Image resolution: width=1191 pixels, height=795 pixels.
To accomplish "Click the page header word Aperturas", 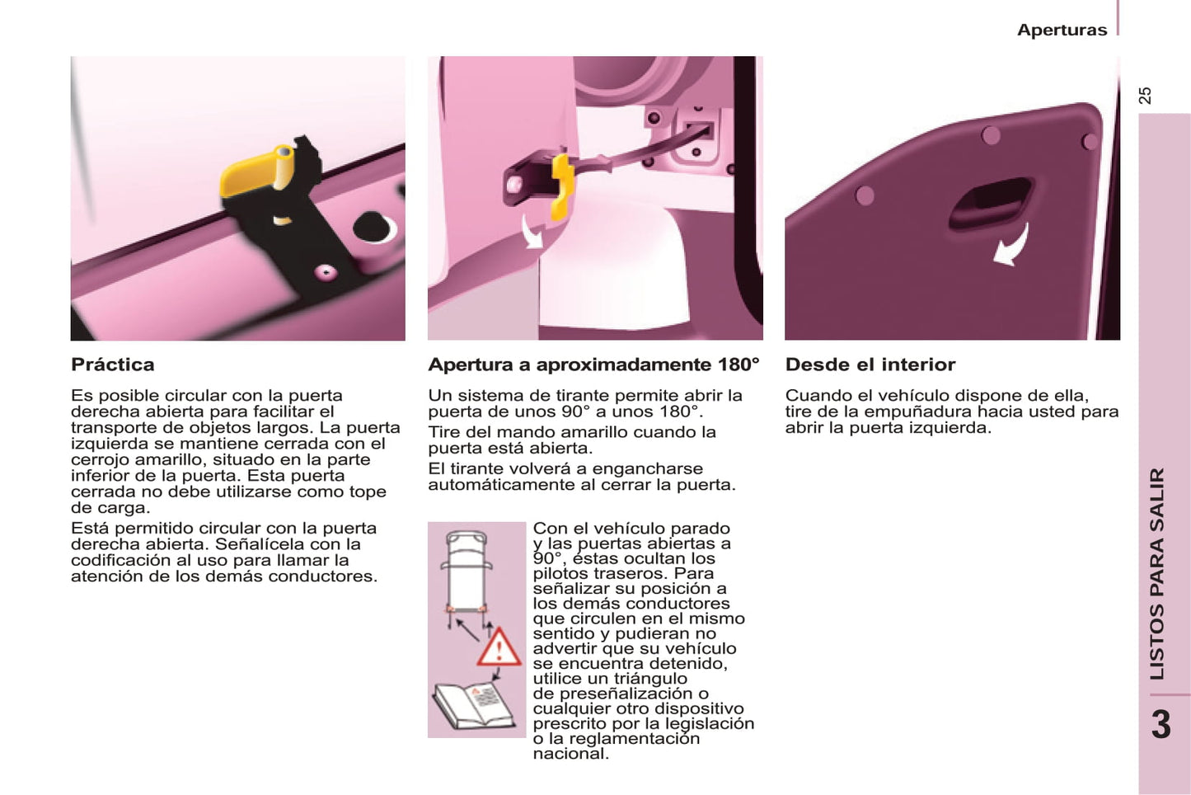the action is [1062, 30].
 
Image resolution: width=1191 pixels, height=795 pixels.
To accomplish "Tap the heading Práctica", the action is [113, 365].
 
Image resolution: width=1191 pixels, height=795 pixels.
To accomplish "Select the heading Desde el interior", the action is [870, 365].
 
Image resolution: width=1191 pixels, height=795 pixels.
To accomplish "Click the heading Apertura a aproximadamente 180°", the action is [594, 365].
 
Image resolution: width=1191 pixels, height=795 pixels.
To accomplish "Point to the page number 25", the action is [1146, 96].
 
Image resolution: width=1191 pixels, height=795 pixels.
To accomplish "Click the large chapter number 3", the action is [1161, 725].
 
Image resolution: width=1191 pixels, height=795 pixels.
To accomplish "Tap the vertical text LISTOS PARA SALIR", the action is [1157, 574].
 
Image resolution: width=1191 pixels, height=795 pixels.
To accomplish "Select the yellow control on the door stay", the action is [561, 186].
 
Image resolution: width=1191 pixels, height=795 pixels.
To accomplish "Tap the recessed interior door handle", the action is [991, 204].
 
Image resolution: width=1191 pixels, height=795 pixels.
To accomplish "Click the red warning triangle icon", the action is [499, 648].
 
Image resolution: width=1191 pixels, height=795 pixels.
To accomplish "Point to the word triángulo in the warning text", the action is [649, 679].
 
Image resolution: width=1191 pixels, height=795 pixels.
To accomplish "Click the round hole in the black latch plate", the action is [373, 228].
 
